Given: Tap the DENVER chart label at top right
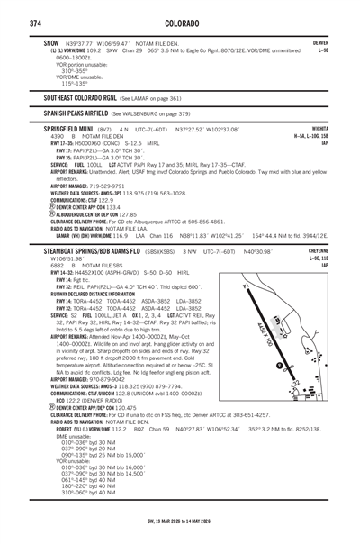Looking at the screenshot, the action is pos(319,42).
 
